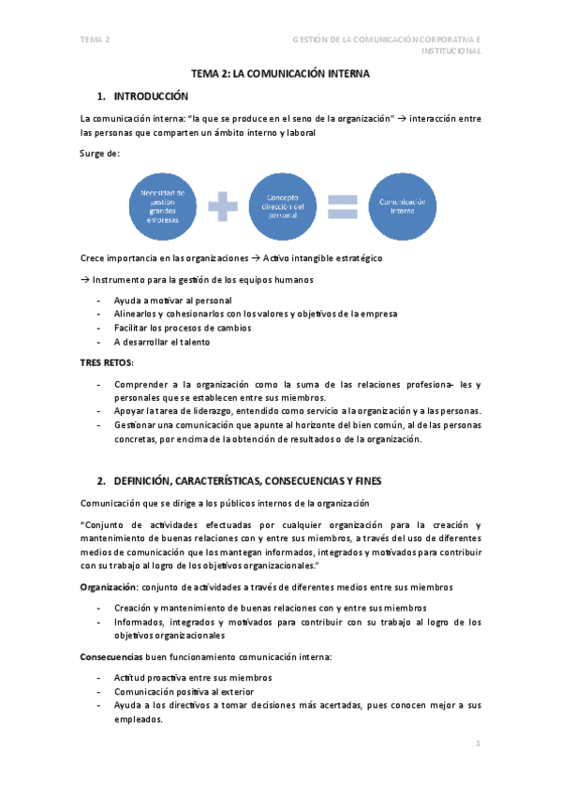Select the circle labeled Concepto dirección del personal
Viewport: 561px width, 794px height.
tap(282, 206)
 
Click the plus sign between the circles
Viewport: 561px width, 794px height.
tap(224, 206)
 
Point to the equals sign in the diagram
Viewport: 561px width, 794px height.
tap(343, 206)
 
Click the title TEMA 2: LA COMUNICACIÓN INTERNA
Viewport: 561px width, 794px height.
tap(281, 72)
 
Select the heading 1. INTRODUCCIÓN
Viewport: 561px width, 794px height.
tap(143, 96)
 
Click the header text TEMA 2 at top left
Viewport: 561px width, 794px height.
tap(96, 39)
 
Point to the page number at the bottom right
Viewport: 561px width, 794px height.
tap(478, 743)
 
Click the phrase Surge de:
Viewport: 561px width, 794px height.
tap(100, 153)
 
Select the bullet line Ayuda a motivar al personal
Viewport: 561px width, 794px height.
tap(172, 300)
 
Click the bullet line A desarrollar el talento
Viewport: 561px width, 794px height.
tap(162, 342)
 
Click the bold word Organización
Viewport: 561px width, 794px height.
tap(109, 587)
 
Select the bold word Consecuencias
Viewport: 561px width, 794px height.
tap(111, 656)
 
